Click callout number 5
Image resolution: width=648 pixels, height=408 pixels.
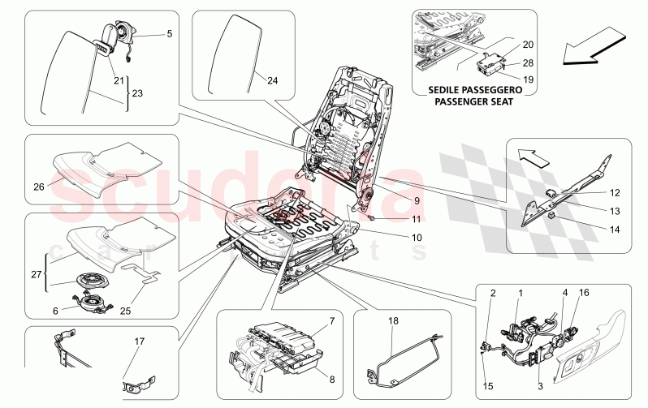point(170,34)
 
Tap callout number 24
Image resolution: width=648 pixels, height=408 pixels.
point(272,80)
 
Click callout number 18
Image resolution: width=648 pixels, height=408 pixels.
point(395,321)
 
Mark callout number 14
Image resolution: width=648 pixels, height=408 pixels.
point(615,230)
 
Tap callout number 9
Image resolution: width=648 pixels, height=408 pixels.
point(394,201)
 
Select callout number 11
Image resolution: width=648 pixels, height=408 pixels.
point(394,220)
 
